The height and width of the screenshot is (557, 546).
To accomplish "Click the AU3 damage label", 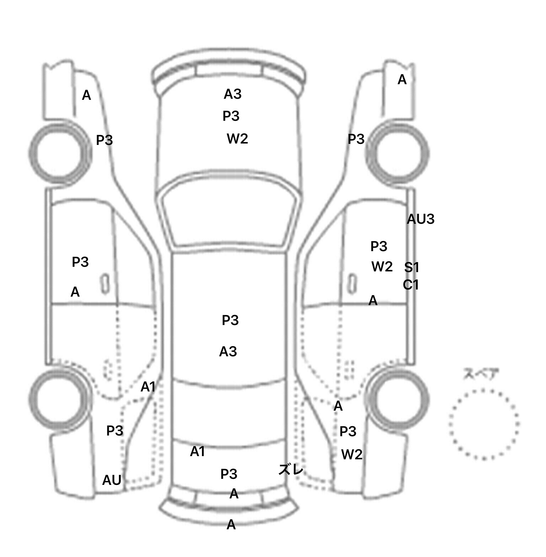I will point(421,219).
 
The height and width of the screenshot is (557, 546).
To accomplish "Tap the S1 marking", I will point(412,267).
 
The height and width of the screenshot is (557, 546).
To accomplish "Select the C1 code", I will point(411,285).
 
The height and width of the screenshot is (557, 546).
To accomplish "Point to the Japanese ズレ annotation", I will point(291,470).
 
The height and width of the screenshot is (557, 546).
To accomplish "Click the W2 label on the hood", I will point(237,139).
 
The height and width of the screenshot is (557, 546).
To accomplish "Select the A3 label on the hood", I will point(232,94).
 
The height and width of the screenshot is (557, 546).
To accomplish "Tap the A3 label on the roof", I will point(228,352).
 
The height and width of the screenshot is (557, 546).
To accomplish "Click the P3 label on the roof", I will point(230,320).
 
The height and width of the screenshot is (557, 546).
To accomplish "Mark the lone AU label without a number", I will point(112,480).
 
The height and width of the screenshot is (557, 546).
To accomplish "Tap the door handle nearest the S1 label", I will point(352,283).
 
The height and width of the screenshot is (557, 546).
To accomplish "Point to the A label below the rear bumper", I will point(231,525).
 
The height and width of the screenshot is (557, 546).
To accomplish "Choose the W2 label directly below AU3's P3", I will point(382,266).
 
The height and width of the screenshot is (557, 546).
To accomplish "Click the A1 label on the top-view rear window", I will point(197,451).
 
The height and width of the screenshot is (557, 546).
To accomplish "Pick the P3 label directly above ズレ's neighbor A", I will point(229,474).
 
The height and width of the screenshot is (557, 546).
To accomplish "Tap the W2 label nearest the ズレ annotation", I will point(352,454).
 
